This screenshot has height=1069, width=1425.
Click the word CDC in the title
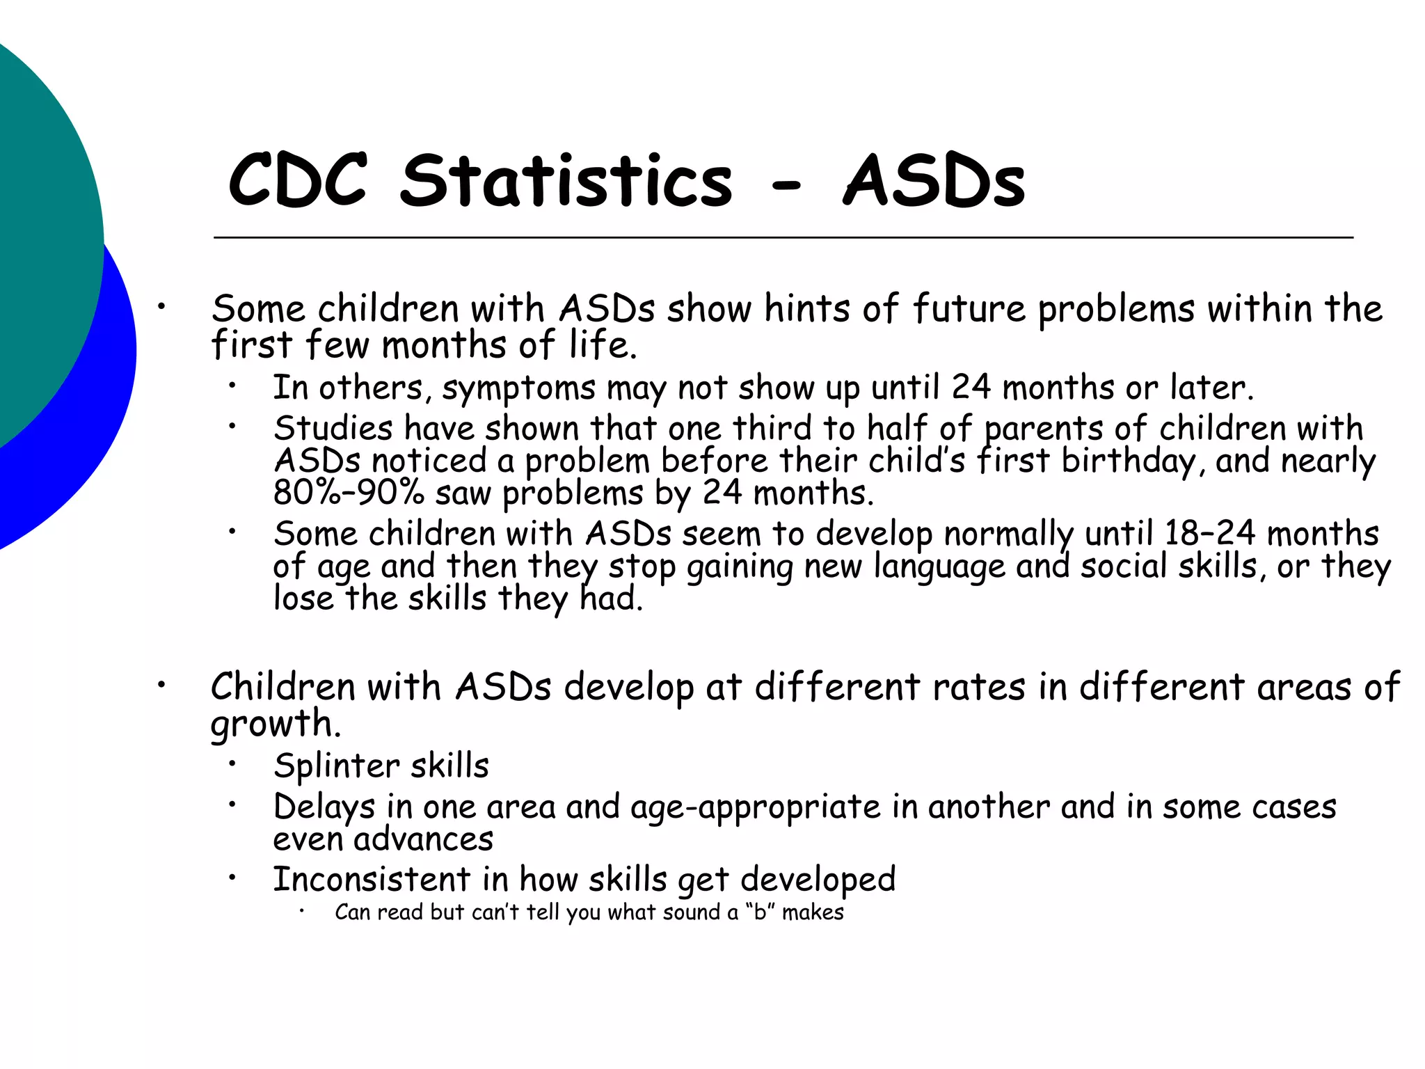298,180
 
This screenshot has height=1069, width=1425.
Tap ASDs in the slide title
934,180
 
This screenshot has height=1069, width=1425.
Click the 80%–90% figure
349,493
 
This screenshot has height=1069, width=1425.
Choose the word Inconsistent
372,879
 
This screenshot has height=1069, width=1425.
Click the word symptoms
519,388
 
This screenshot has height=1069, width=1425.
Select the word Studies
333,428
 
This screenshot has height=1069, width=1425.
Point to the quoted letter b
760,912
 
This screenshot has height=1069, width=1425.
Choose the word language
939,567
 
